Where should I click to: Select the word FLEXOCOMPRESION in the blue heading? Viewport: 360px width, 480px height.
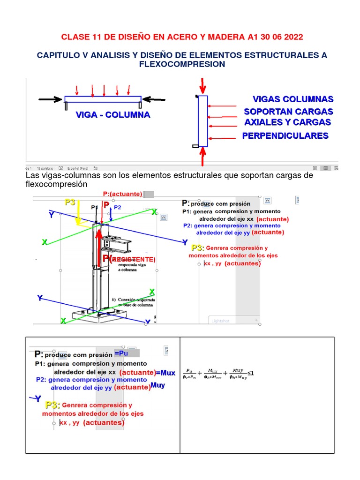pyautogui.click(x=182, y=64)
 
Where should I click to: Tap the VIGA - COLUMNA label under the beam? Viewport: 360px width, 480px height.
pyautogui.click(x=113, y=115)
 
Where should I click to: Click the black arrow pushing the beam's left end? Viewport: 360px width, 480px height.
pyautogui.click(x=51, y=99)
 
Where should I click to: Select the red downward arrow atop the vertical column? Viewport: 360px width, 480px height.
pyautogui.click(x=202, y=86)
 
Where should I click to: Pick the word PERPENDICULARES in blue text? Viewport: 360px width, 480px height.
pyautogui.click(x=285, y=136)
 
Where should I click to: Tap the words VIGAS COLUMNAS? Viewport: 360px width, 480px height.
pyautogui.click(x=293, y=99)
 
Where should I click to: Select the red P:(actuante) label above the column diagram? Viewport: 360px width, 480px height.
pyautogui.click(x=122, y=194)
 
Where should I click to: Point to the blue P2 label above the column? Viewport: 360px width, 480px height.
pyautogui.click(x=118, y=207)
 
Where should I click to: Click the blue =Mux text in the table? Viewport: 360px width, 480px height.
pyautogui.click(x=165, y=373)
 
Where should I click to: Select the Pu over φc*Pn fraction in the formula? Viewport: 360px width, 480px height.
pyautogui.click(x=189, y=374)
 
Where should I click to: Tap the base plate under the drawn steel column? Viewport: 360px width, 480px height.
pyautogui.click(x=99, y=315)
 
